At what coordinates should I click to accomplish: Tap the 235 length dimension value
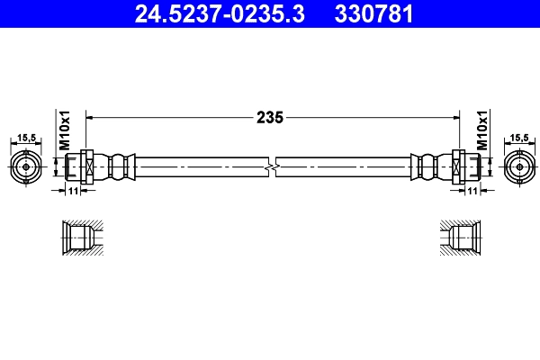[270, 117]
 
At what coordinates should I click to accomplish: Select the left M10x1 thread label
[65, 130]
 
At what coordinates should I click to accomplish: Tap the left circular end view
[27, 166]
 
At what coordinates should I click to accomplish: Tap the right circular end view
[517, 166]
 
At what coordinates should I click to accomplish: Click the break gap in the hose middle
[273, 167]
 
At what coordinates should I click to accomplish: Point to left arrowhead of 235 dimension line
[90, 117]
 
